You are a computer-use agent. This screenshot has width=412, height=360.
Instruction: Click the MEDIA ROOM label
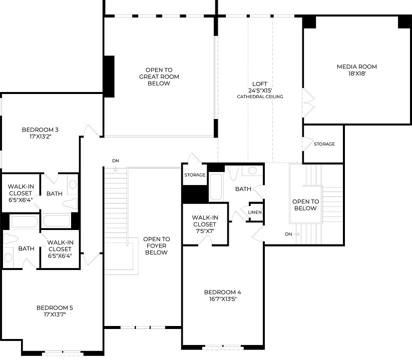pos(356,66)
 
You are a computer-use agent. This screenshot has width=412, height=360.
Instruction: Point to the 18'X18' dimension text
pos(356,73)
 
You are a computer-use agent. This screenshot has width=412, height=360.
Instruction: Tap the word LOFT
pos(260,84)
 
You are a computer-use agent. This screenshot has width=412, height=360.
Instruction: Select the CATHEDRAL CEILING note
pos(260,96)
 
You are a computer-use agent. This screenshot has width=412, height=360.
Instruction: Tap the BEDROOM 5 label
pos(55,307)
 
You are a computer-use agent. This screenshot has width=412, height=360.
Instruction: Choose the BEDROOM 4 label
pos(223,292)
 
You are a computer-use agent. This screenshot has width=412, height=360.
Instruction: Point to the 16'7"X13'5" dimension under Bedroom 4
pos(223,299)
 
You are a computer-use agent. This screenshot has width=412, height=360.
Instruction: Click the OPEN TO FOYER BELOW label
pos(156,245)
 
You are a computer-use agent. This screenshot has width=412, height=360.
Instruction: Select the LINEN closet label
pos(254,212)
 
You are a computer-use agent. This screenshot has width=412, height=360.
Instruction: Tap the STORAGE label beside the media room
pos(324,144)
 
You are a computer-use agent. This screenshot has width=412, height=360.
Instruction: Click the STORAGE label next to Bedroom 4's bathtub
pos(195,175)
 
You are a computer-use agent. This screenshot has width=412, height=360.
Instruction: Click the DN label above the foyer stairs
pos(116,160)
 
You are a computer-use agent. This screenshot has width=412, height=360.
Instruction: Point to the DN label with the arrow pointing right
pos(288,234)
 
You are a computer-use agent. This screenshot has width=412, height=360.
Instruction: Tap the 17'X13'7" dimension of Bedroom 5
pos(55,314)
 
